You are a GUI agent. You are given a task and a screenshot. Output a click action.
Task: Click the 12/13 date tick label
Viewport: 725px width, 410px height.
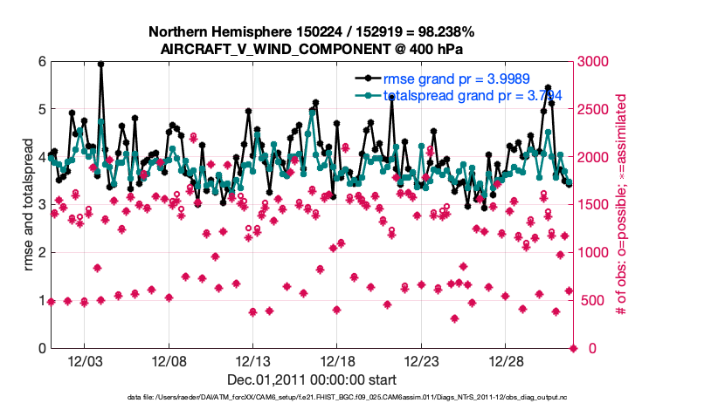click(x=252, y=360)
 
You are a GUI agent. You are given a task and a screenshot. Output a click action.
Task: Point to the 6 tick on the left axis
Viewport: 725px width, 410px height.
click(x=41, y=62)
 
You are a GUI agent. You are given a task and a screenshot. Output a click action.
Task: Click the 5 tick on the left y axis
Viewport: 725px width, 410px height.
click(x=41, y=110)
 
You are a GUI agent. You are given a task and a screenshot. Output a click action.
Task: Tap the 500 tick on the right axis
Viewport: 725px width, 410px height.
click(x=590, y=301)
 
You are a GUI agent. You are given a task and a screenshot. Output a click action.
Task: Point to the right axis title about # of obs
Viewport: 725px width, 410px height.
click(x=622, y=205)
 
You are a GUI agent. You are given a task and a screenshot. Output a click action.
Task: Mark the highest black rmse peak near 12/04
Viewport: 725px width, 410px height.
click(x=101, y=64)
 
